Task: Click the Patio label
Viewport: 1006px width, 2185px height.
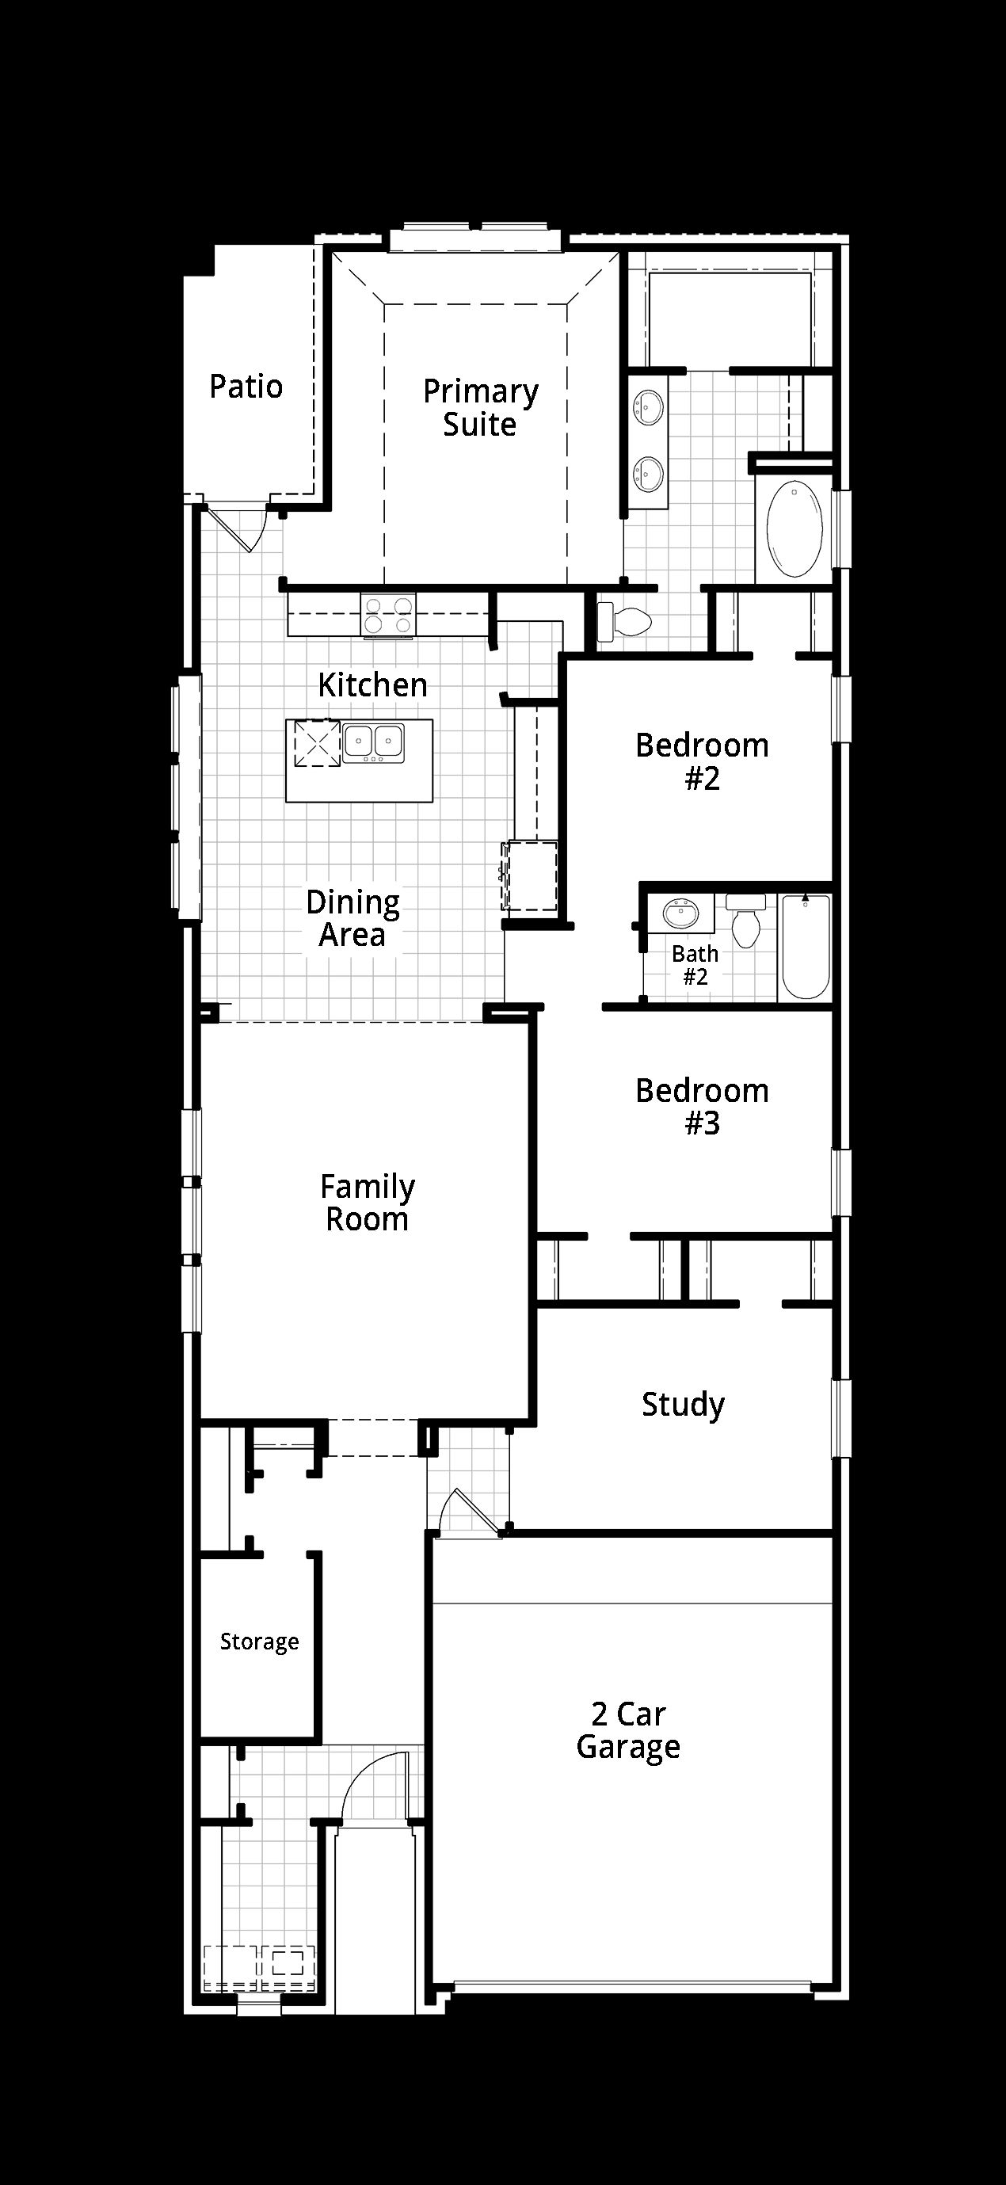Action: click(246, 387)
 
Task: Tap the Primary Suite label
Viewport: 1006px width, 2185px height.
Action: click(481, 407)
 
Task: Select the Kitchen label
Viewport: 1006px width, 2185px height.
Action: click(372, 684)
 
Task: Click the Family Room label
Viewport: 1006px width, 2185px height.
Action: click(368, 1202)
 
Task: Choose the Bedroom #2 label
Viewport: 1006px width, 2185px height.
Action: click(703, 761)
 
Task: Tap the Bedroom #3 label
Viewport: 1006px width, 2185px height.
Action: click(703, 1106)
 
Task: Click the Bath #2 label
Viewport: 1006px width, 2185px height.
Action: click(695, 964)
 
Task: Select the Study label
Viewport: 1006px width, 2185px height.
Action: click(683, 1405)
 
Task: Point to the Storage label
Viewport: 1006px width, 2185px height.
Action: click(260, 1642)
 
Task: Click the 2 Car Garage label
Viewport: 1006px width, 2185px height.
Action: click(628, 1730)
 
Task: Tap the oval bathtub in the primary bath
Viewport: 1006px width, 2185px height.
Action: click(795, 529)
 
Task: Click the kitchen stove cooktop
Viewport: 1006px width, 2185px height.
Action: click(388, 615)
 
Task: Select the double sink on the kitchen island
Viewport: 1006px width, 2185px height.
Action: click(373, 742)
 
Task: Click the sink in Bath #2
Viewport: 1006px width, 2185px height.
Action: click(679, 914)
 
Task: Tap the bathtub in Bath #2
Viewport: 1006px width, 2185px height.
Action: click(805, 947)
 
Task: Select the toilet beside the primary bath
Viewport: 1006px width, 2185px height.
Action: click(624, 622)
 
